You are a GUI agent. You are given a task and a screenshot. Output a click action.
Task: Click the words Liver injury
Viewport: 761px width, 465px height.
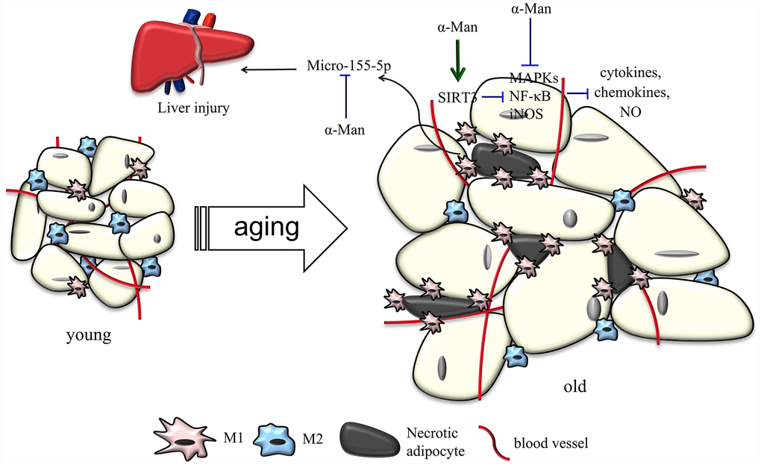click(x=193, y=107)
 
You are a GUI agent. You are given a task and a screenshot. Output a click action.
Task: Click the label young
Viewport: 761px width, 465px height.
click(x=88, y=336)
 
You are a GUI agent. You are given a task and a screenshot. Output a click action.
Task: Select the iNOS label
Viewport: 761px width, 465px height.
click(x=526, y=113)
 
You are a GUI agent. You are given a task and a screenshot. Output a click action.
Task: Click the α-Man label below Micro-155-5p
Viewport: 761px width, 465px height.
click(x=345, y=130)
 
